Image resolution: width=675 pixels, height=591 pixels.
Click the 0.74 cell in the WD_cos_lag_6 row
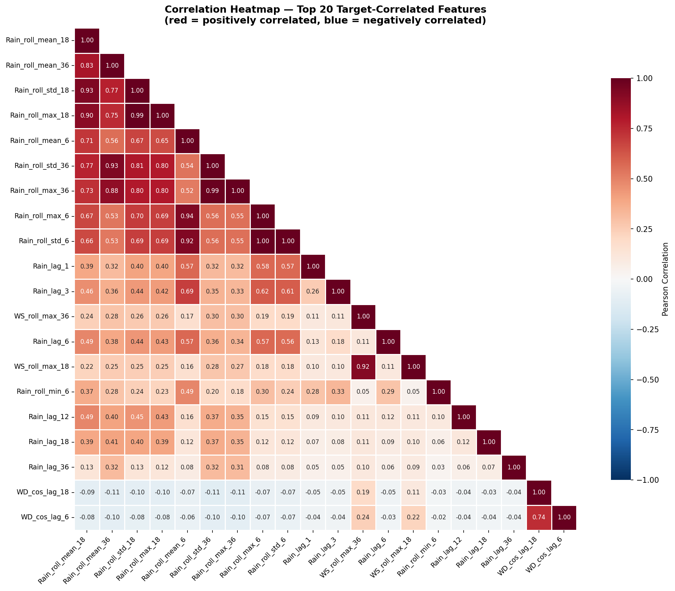pos(539,517)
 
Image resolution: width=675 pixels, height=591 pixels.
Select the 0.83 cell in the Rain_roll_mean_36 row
pos(87,66)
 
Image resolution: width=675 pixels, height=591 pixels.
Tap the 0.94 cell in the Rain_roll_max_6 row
pos(187,216)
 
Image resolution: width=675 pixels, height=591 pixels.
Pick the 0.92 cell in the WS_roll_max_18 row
pos(363,367)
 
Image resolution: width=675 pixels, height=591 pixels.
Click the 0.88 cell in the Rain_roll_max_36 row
pos(112,191)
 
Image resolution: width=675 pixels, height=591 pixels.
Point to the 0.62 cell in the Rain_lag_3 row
pos(262,292)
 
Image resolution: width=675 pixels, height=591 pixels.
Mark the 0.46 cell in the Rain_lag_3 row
pos(87,292)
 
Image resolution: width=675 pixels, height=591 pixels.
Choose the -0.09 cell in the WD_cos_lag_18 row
pos(87,492)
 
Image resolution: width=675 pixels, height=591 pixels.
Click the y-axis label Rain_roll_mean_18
pos(37,41)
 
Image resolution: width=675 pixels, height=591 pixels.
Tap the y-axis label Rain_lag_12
pos(48,417)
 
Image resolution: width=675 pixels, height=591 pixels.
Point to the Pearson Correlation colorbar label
pos(665,279)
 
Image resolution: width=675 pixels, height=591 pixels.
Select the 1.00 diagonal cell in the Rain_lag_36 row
pos(514,467)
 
